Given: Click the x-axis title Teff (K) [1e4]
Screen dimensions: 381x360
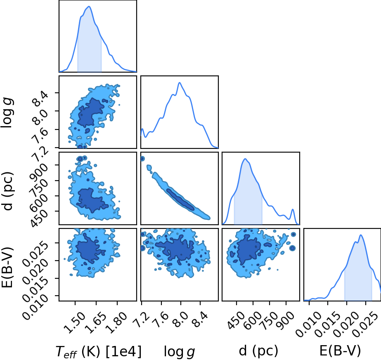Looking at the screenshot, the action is pyautogui.click(x=98, y=351).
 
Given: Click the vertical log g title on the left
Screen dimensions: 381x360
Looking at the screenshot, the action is pyautogui.click(x=7, y=113).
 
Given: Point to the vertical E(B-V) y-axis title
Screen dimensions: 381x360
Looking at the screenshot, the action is pyautogui.click(x=7, y=267).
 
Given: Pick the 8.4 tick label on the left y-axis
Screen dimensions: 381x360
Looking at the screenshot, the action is pyautogui.click(x=40, y=99).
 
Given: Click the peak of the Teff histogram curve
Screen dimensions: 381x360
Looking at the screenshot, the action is pyautogui.click(x=89, y=6).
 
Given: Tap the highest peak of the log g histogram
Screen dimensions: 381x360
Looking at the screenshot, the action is pyautogui.click(x=180, y=82).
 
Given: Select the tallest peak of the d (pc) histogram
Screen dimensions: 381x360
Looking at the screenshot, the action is pyautogui.click(x=245, y=159).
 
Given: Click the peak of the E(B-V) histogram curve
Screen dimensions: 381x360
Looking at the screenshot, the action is pyautogui.click(x=361, y=235).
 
